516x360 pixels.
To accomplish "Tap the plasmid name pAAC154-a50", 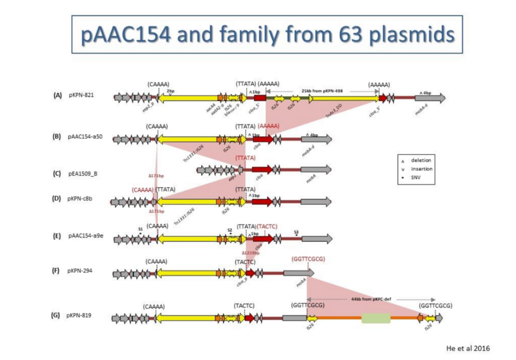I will pos(89,137).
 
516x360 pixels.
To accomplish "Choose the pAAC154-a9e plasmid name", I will pos(89,237).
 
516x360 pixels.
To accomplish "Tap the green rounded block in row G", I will pos(376,318).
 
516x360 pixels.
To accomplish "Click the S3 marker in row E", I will pos(297,231).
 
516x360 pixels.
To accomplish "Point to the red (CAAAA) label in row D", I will pos(143,190).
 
